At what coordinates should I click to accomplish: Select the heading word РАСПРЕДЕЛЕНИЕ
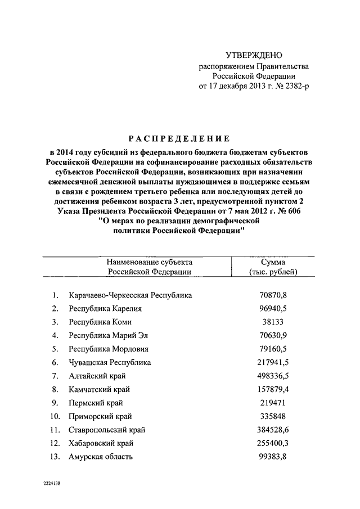click(x=179, y=139)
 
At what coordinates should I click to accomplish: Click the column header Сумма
click(x=273, y=262)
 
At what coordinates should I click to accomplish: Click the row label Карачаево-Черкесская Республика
click(x=130, y=295)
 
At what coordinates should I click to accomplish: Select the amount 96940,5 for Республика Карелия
click(x=273, y=308)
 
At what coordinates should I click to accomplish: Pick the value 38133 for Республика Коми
click(x=273, y=322)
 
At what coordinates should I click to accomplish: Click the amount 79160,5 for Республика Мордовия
click(x=273, y=349)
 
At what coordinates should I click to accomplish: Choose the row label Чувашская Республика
click(x=110, y=362)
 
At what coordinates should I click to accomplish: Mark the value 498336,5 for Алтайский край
click(x=273, y=376)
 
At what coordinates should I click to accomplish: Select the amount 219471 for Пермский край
click(x=273, y=403)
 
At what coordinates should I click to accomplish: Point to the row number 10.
click(x=55, y=416)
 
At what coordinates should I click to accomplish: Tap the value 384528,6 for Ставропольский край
click(x=273, y=430)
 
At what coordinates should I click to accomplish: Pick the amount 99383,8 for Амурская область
click(x=273, y=457)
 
